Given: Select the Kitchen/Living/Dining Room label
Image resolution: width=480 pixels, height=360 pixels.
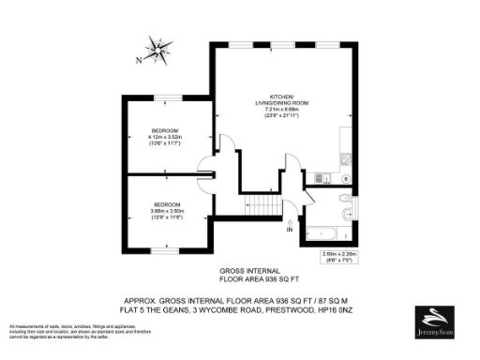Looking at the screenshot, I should coord(281,99).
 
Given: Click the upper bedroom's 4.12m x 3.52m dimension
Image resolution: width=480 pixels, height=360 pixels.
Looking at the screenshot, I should coord(169,137).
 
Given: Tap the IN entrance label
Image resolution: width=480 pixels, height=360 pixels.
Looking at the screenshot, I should coord(290,230).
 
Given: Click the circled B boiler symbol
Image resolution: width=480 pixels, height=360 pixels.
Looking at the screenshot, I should coord(346,176).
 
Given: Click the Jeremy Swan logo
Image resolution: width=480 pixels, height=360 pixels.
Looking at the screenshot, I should coord(439,322).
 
